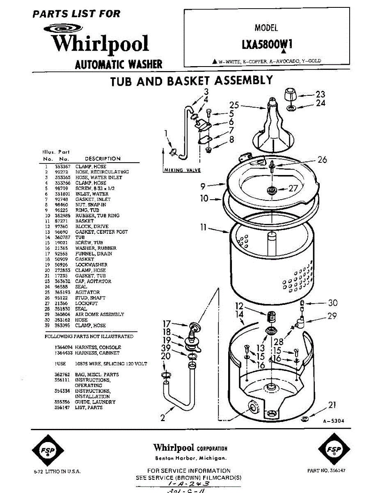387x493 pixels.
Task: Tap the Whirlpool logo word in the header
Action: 99,44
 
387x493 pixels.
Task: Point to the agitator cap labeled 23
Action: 291,96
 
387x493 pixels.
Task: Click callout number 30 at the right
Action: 332,303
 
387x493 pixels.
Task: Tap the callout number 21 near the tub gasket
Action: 332,405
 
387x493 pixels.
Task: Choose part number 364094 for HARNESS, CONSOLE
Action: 64,347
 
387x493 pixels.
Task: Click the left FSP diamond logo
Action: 47,450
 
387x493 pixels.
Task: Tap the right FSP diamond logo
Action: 333,450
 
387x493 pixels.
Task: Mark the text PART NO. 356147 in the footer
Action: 326,471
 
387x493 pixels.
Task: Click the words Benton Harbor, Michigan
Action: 190,458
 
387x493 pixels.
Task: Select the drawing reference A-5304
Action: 333,421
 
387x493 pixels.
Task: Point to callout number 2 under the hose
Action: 163,418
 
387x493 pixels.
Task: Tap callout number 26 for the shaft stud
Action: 322,159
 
